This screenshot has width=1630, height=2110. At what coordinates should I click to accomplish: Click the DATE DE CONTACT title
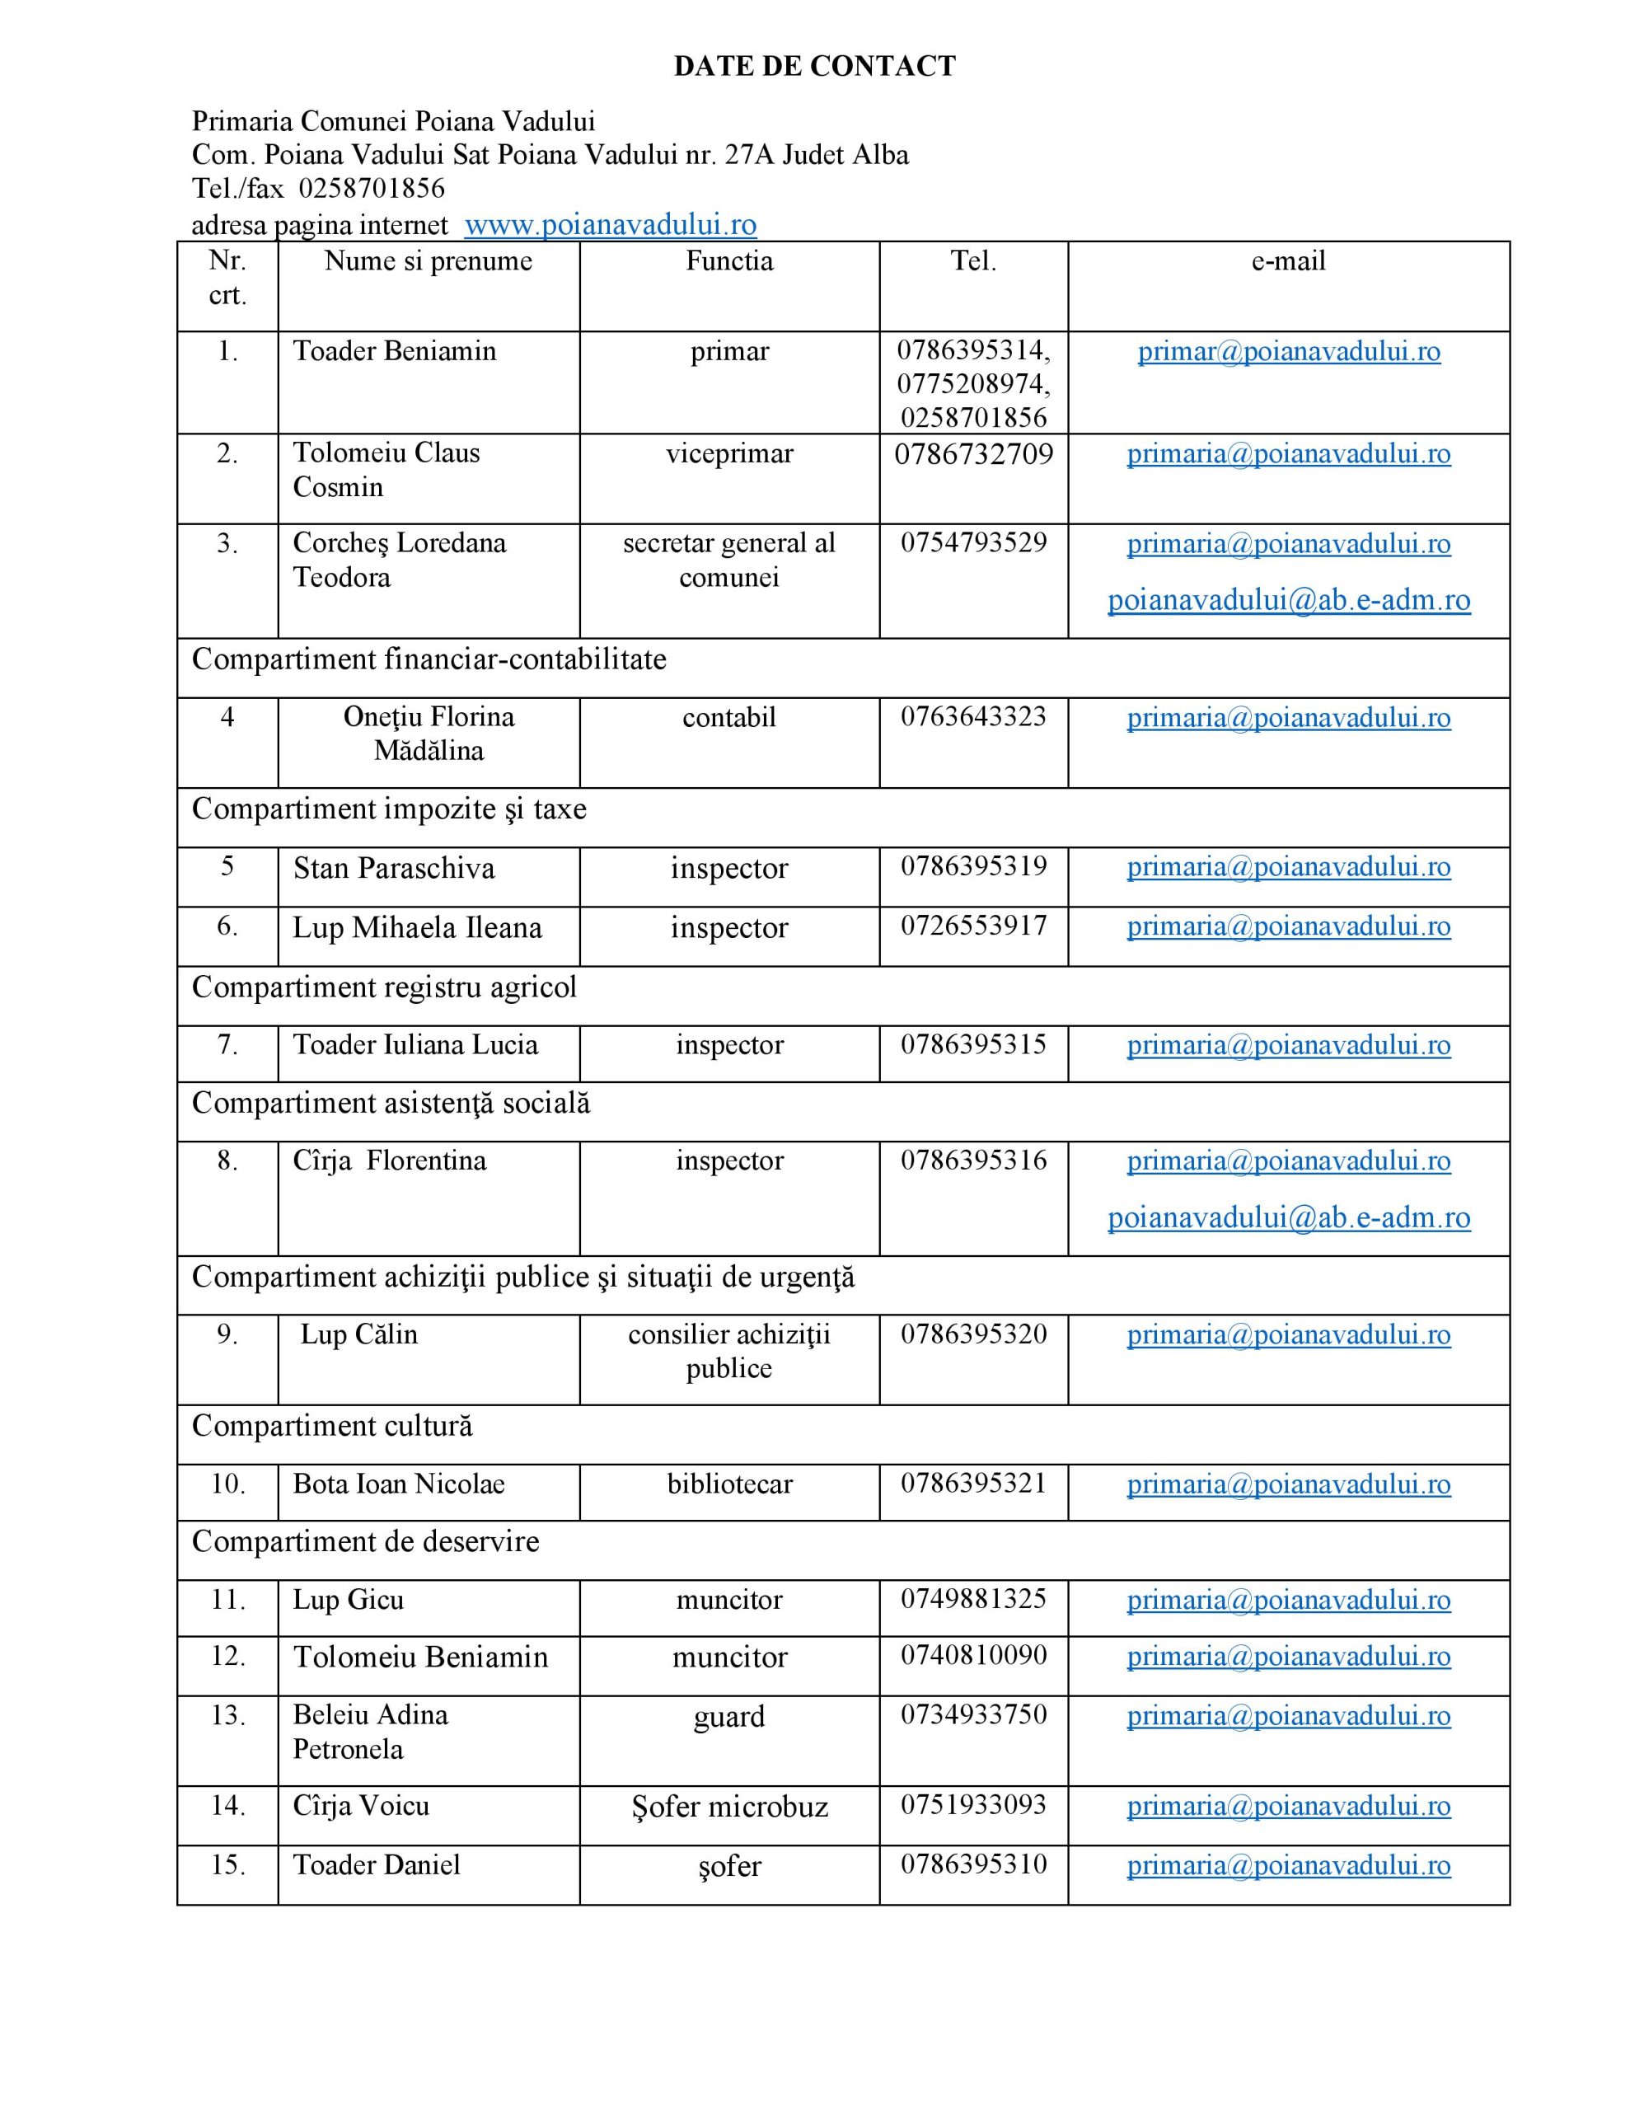(x=814, y=66)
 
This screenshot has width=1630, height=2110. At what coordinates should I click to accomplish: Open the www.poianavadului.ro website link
(x=610, y=224)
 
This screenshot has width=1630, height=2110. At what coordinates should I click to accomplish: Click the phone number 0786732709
(x=973, y=454)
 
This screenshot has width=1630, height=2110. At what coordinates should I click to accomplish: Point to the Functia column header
(x=728, y=260)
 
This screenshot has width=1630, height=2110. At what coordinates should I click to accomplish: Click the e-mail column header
(x=1288, y=260)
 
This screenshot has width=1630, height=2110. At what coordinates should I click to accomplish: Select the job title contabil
(x=728, y=717)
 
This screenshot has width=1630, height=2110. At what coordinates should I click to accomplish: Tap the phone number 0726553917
(x=973, y=926)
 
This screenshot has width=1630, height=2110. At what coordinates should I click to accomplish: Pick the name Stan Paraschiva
(x=393, y=868)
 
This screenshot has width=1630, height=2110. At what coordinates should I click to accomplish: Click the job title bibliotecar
(x=728, y=1483)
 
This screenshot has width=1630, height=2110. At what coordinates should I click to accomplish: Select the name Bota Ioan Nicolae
(x=398, y=1483)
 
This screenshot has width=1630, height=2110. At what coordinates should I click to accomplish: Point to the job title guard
(x=728, y=1716)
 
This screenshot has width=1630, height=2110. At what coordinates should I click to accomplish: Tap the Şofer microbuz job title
(x=728, y=1806)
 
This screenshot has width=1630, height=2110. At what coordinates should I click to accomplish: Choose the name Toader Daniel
(x=376, y=1864)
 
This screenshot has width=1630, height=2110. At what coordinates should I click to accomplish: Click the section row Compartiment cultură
(x=331, y=1425)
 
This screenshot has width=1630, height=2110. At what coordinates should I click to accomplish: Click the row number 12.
(x=227, y=1656)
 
